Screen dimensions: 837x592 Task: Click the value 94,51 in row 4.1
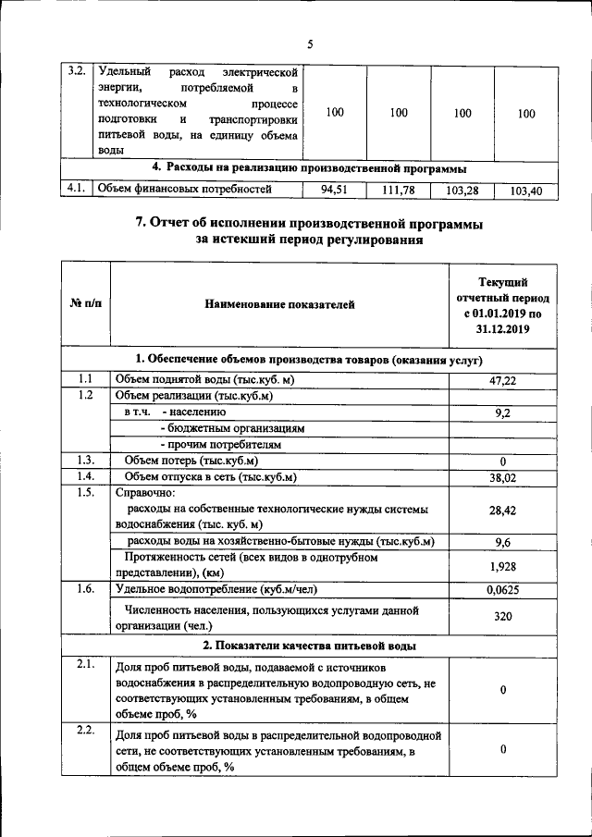pyautogui.click(x=332, y=191)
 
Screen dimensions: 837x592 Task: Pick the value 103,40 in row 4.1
pyautogui.click(x=525, y=191)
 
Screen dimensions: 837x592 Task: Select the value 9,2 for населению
pyautogui.click(x=502, y=412)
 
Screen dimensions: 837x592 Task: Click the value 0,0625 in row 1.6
pyautogui.click(x=501, y=589)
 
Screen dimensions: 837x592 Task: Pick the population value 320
pyautogui.click(x=501, y=618)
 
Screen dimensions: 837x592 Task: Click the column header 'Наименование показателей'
pyautogui.click(x=279, y=304)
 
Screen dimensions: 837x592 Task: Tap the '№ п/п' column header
pyautogui.click(x=85, y=304)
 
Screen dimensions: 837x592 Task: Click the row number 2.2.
pyautogui.click(x=85, y=732)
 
